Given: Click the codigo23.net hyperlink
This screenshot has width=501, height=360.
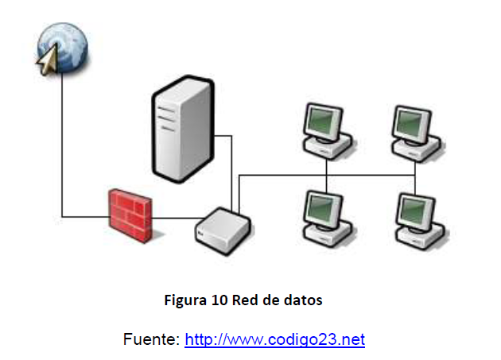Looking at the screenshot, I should coord(274,340).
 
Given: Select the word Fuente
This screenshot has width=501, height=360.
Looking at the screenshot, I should coord(150,340).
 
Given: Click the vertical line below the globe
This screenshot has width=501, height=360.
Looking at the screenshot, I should coord(62,143).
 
